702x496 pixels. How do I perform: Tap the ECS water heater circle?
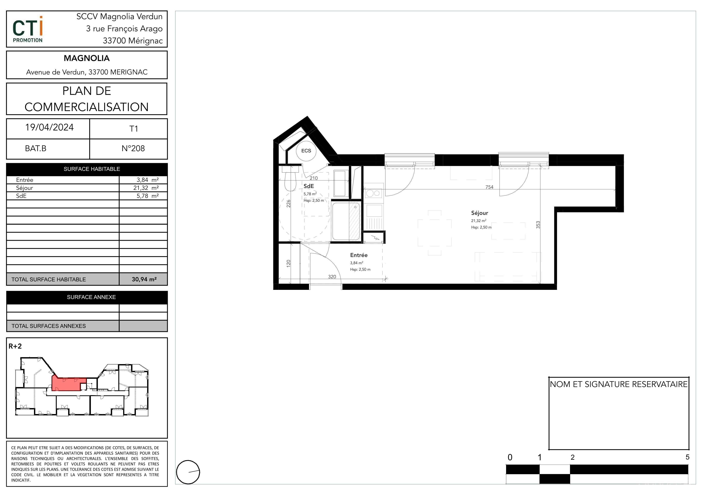click(306, 151)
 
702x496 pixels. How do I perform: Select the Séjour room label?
click(479, 213)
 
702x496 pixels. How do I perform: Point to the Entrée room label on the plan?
click(359, 255)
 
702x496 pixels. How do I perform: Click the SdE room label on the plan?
click(308, 186)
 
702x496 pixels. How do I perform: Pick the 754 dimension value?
click(489, 187)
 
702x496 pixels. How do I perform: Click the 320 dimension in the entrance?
click(332, 277)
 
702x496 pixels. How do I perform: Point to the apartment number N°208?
click(133, 148)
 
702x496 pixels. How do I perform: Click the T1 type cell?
click(134, 129)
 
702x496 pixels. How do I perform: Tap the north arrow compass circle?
click(188, 472)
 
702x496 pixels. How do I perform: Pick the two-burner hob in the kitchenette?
click(373, 193)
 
